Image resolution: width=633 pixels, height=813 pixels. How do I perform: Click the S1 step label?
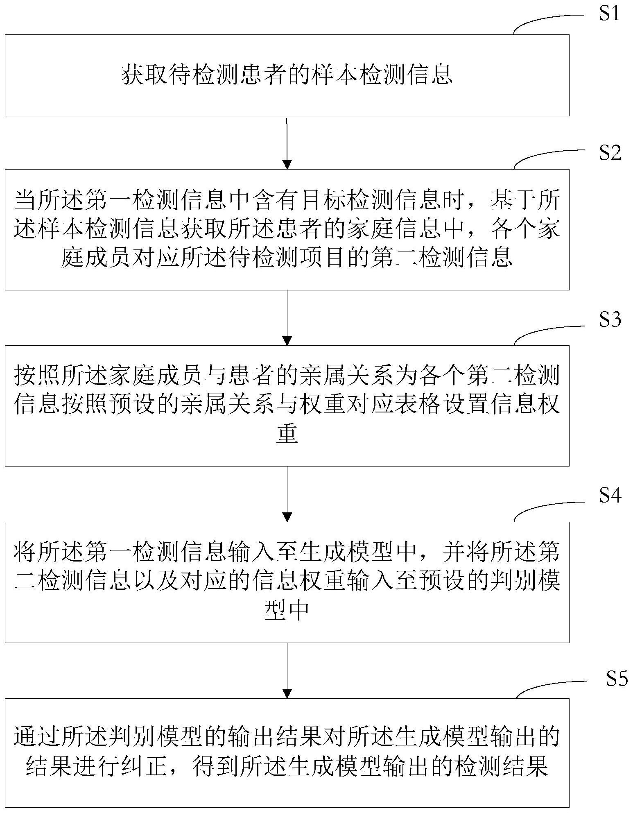pyautogui.click(x=610, y=14)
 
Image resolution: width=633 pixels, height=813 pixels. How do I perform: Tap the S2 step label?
pyautogui.click(x=610, y=153)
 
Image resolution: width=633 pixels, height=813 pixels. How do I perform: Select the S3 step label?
pyautogui.click(x=610, y=319)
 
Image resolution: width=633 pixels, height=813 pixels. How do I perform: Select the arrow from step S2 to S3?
pyautogui.click(x=287, y=317)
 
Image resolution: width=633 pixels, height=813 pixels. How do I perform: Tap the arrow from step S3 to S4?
pyautogui.click(x=287, y=494)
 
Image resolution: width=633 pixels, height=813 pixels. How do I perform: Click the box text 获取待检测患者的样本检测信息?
pyautogui.click(x=287, y=75)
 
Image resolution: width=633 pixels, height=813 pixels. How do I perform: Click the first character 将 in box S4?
pyautogui.click(x=25, y=552)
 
